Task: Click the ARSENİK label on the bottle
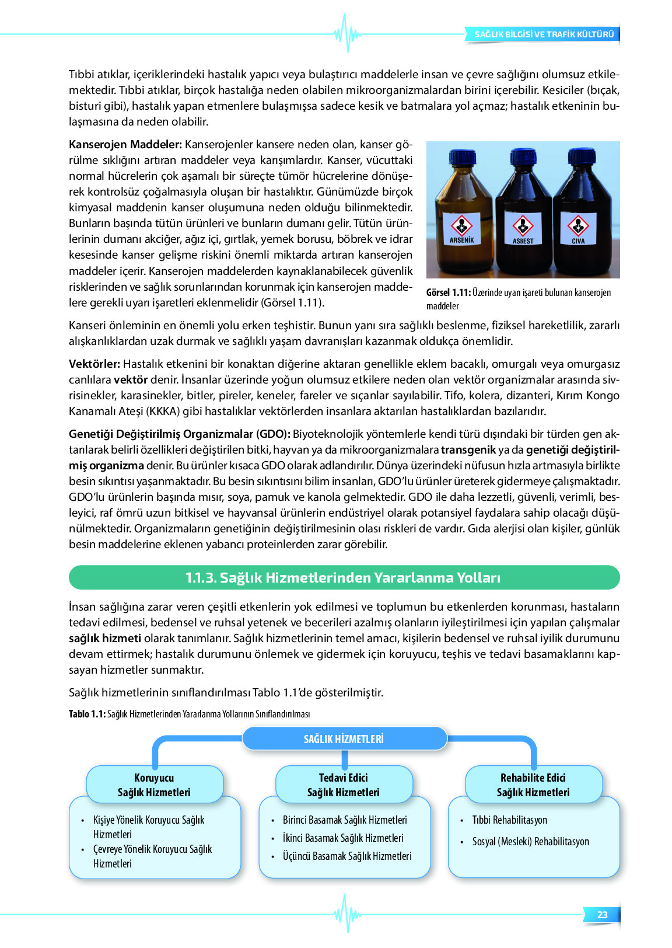[461, 240]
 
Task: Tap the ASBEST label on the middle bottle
[523, 241]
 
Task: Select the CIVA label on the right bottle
[578, 241]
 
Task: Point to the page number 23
[602, 915]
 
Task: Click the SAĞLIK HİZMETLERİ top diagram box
[344, 739]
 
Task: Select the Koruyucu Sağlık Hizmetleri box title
[155, 785]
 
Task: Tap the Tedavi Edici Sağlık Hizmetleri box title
[344, 785]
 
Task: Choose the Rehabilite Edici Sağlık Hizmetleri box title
[533, 785]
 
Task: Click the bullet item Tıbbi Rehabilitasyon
[510, 820]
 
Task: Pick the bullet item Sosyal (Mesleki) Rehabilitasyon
[530, 842]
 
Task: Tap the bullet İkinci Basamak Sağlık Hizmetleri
[343, 838]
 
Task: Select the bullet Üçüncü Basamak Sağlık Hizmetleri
[347, 856]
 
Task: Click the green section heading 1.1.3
[344, 578]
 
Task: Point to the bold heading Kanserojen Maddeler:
[125, 145]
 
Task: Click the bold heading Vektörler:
[94, 364]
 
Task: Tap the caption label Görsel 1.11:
[448, 293]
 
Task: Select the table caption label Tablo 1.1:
[87, 714]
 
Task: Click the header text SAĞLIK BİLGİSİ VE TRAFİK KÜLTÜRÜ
[544, 34]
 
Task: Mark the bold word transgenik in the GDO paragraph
[468, 450]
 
